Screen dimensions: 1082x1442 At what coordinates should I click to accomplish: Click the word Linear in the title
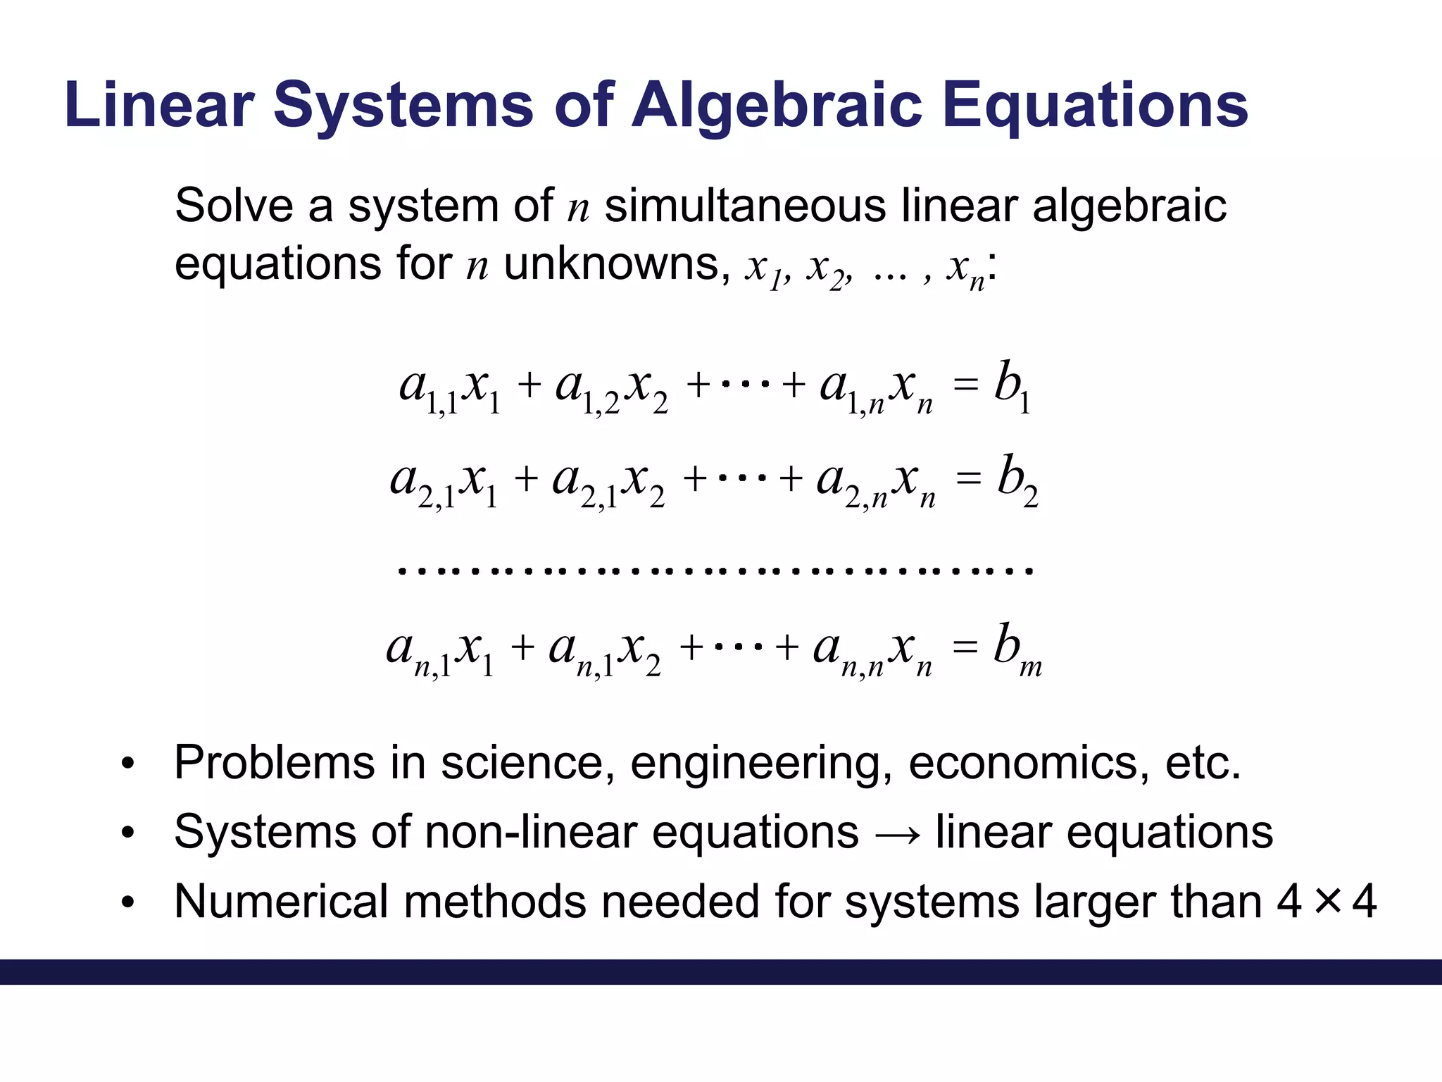(x=158, y=106)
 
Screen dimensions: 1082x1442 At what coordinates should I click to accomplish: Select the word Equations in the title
(x=1095, y=106)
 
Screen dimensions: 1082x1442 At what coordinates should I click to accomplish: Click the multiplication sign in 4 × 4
(x=1327, y=901)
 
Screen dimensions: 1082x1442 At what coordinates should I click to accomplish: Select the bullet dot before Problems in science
(x=127, y=764)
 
